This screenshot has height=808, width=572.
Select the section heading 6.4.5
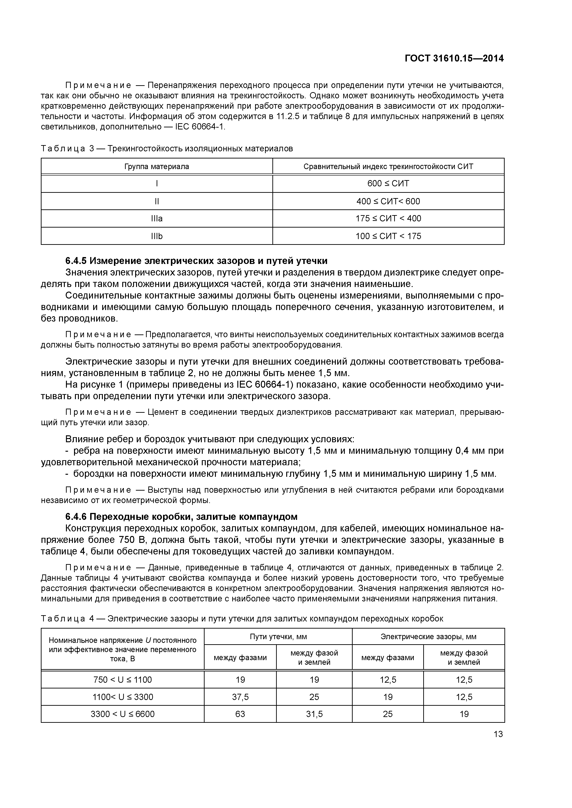click(196, 261)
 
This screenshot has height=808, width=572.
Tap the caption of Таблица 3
click(167, 149)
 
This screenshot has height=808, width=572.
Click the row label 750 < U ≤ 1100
click(123, 679)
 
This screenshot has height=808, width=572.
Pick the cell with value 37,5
click(240, 697)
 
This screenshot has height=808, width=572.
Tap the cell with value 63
click(240, 714)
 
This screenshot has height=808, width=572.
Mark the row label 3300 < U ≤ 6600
click(123, 714)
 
